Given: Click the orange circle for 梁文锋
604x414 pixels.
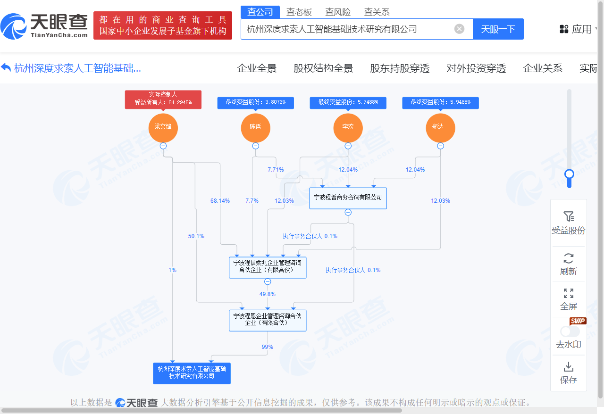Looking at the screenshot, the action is click(x=163, y=128).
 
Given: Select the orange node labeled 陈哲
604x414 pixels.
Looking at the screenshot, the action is click(x=256, y=128).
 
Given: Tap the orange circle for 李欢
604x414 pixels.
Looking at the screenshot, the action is click(x=348, y=128).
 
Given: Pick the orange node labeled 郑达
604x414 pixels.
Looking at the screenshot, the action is click(x=441, y=128).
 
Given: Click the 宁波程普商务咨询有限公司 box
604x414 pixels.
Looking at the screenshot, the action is click(x=348, y=198).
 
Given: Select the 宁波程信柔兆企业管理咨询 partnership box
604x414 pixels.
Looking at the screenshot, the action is click(x=268, y=267).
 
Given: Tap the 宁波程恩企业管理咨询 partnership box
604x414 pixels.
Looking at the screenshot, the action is click(x=268, y=321).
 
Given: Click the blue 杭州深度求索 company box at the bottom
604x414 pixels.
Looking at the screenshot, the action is click(x=192, y=373).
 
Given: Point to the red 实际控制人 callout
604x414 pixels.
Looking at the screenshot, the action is click(x=163, y=99).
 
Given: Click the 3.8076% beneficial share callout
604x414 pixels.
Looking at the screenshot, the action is click(x=256, y=103).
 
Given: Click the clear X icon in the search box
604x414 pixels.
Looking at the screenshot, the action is click(x=459, y=29).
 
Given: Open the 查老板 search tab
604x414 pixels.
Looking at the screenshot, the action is click(x=299, y=12).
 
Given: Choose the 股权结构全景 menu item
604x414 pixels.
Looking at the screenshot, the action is click(x=323, y=68).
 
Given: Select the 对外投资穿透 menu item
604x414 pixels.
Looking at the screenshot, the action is click(x=476, y=68).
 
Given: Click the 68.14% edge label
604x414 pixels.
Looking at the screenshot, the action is click(x=220, y=201).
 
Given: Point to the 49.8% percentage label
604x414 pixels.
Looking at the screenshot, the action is click(x=268, y=294).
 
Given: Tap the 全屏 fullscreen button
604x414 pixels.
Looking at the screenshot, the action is click(x=569, y=299).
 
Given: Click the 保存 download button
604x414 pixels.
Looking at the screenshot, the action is click(x=569, y=373).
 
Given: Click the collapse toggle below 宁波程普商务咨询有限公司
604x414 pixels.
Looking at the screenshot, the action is click(x=348, y=212).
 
